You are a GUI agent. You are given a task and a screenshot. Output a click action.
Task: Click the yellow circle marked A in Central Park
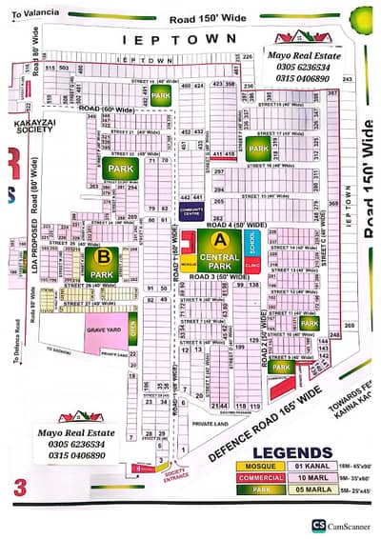point(220,237)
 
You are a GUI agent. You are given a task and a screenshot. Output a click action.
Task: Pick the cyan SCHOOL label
point(252,239)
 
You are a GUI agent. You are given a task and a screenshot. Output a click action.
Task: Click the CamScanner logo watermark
point(343,525)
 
